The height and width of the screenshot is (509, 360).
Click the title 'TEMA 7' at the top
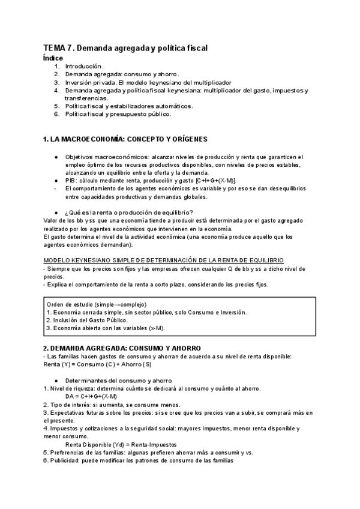[x=59, y=48]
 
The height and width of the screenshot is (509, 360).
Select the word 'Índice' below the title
[x=53, y=58]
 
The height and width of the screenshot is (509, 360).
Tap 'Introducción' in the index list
[x=84, y=66]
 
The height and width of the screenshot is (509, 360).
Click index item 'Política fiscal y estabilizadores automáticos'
[x=128, y=106]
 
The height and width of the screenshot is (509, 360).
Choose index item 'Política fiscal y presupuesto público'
[x=118, y=113]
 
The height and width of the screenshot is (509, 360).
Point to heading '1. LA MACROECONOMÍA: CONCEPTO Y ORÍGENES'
[x=125, y=139]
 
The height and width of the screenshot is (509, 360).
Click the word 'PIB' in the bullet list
[x=71, y=180]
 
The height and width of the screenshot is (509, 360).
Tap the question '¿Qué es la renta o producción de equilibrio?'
[x=128, y=212]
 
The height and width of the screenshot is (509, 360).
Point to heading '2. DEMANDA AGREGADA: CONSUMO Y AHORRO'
[x=122, y=348]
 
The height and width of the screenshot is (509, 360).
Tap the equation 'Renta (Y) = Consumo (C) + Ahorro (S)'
[x=98, y=364]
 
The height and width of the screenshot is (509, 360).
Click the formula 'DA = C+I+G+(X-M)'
[x=91, y=396]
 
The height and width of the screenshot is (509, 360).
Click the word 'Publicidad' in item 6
[x=65, y=461]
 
